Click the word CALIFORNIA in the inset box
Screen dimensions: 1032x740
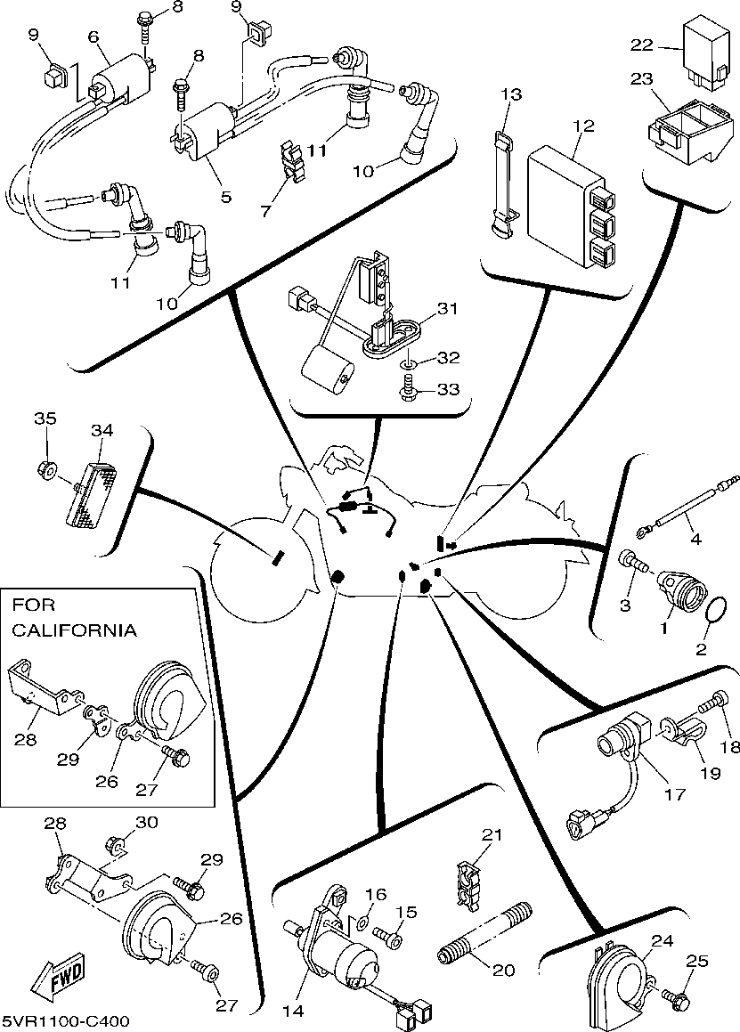tap(75, 630)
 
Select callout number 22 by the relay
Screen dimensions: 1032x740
tap(643, 45)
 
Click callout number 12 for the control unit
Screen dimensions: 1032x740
tap(583, 126)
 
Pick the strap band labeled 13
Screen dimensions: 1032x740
tap(503, 187)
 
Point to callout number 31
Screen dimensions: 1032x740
tap(447, 309)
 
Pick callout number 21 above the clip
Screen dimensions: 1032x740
tap(492, 836)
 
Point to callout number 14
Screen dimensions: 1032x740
tap(293, 1011)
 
